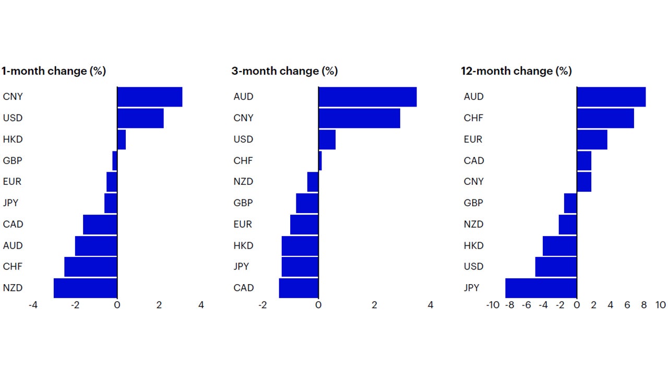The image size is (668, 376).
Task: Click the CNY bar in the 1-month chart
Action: (149, 97)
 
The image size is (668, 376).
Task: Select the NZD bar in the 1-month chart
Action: (86, 288)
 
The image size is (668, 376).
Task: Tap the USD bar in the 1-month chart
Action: (140, 118)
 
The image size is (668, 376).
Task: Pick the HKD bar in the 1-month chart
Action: (122, 139)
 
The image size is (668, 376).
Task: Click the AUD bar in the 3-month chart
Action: (367, 97)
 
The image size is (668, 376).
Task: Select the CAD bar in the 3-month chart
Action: (299, 288)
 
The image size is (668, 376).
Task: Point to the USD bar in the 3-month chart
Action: (327, 139)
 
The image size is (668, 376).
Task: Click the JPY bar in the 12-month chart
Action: (541, 288)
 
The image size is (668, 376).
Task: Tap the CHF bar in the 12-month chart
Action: (605, 118)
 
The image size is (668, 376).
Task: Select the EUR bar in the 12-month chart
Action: (592, 139)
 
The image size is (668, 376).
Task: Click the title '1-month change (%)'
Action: (53, 71)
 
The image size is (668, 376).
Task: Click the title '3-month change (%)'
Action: (284, 71)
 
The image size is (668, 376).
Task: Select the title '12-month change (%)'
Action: (516, 71)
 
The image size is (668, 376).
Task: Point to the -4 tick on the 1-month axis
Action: (33, 305)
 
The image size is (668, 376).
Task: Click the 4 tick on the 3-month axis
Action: (430, 305)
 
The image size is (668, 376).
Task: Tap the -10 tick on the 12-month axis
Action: (492, 305)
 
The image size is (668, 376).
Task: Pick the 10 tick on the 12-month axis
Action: (660, 305)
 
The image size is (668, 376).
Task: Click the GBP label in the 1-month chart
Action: (13, 161)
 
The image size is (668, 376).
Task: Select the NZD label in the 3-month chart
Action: (243, 182)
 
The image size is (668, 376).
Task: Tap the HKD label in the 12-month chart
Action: (473, 245)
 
